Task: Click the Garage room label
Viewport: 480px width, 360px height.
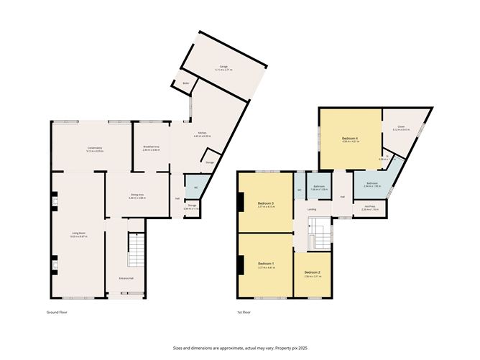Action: tap(223, 66)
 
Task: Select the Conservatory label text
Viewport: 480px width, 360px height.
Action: tap(95, 149)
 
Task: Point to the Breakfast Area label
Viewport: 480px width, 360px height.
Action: tap(152, 148)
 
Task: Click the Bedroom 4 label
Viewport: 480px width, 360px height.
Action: tap(350, 139)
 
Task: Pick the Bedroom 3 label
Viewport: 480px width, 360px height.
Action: tap(266, 204)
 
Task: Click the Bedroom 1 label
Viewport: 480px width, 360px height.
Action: tap(266, 264)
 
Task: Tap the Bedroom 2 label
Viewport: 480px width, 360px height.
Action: tap(311, 273)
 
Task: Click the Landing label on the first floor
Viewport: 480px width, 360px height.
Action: tap(312, 209)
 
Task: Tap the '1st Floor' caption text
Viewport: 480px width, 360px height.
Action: tap(243, 313)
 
